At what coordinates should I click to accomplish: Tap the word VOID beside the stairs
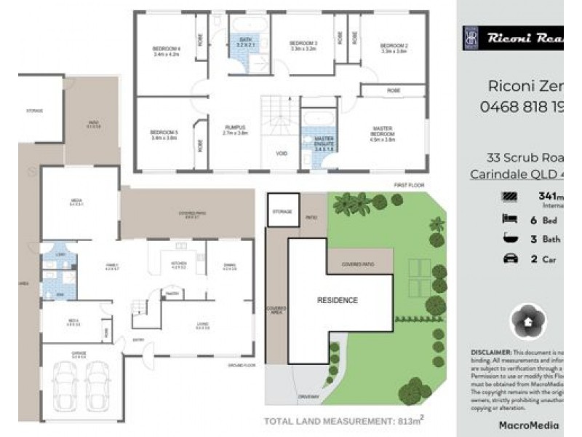[282, 154]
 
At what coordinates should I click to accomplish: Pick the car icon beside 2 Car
[509, 259]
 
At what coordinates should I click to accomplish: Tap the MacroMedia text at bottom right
[528, 425]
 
